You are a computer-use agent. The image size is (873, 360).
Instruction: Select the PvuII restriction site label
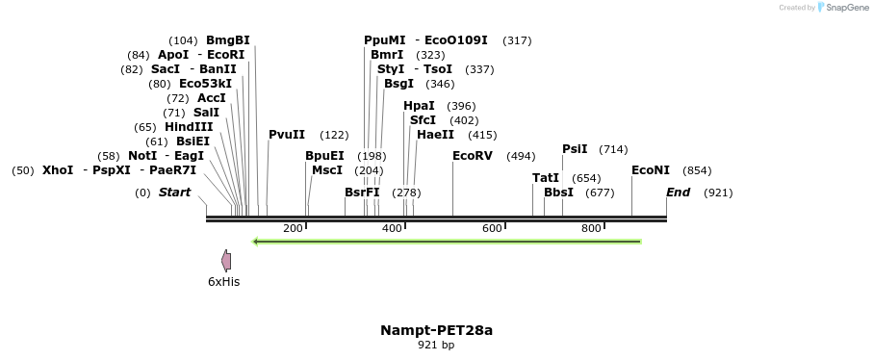[287, 135]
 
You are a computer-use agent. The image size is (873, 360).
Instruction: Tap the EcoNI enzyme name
[651, 170]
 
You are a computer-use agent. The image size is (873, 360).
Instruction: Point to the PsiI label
[575, 149]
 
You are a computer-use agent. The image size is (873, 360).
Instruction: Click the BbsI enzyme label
[558, 193]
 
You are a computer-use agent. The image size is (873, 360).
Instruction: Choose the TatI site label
[546, 178]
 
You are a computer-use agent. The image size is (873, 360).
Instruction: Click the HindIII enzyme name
[188, 127]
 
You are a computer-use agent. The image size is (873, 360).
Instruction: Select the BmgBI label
[228, 40]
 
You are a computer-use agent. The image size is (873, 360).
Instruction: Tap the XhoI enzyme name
[58, 170]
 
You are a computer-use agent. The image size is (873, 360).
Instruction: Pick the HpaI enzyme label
[419, 106]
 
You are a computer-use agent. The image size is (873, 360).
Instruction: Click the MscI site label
[327, 170]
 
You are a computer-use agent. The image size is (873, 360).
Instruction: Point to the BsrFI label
[362, 193]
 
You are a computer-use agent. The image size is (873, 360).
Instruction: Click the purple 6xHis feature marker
[226, 260]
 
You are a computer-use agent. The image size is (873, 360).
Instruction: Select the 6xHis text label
[223, 282]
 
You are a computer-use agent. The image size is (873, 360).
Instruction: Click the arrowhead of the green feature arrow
[256, 242]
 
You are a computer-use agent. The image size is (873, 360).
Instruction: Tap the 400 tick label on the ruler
[392, 228]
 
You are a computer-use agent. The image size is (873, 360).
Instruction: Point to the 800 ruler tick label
[591, 228]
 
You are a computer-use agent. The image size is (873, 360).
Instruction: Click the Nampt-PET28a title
[436, 330]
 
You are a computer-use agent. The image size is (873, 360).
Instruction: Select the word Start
[174, 193]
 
